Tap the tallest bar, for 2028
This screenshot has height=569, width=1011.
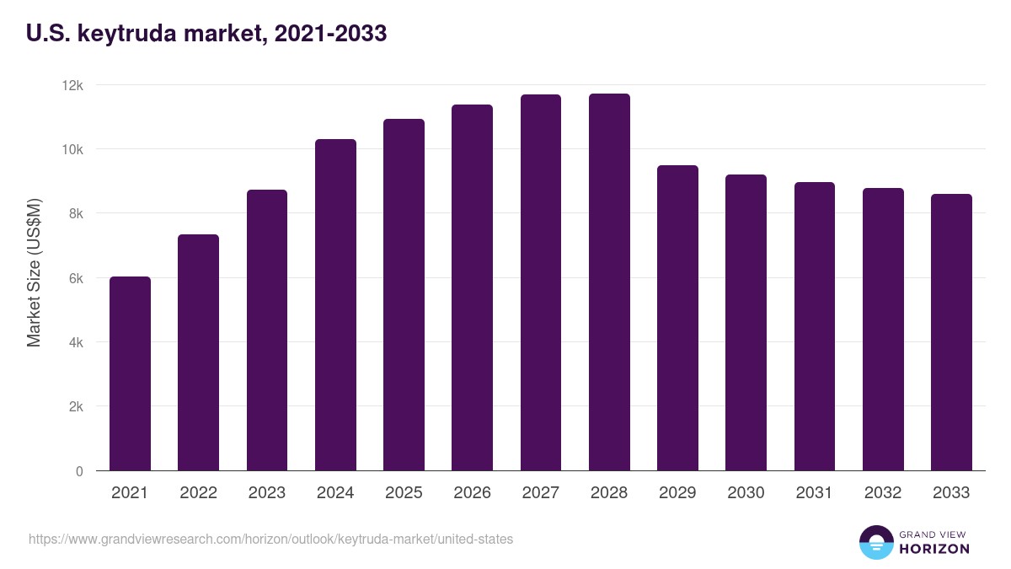609,282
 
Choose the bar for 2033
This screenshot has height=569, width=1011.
951,332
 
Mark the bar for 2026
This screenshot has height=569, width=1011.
472,287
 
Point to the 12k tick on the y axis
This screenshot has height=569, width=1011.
73,85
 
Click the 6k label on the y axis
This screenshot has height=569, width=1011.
75,278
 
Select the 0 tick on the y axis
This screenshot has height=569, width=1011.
79,471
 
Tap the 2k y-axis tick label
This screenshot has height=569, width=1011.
75,406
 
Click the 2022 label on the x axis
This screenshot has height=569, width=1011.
198,493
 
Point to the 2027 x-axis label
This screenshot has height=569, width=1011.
540,493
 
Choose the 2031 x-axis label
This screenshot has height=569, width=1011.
814,493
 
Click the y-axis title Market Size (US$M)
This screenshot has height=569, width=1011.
35,271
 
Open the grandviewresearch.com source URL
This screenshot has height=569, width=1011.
270,539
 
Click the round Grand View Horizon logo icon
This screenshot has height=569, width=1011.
875,542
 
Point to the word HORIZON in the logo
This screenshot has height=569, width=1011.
934,549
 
